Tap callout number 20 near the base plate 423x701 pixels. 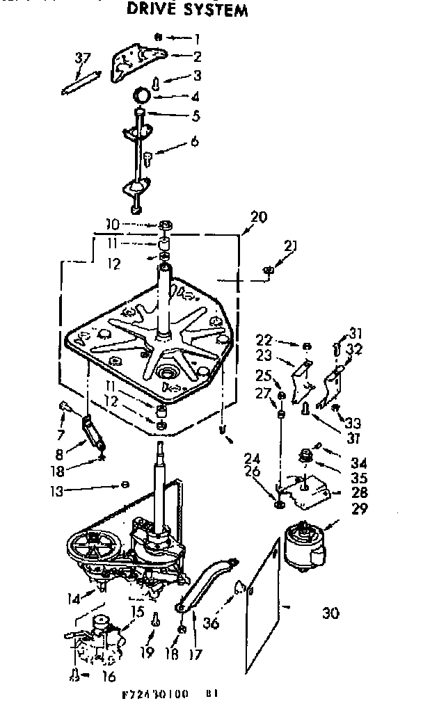pos(258,216)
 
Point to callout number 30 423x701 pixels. pos(332,613)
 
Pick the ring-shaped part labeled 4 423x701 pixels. pos(141,95)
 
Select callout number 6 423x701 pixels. pos(194,141)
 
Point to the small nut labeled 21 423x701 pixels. pos(269,270)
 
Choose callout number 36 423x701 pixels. pos(211,623)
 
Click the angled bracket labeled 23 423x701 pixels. pos(303,380)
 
